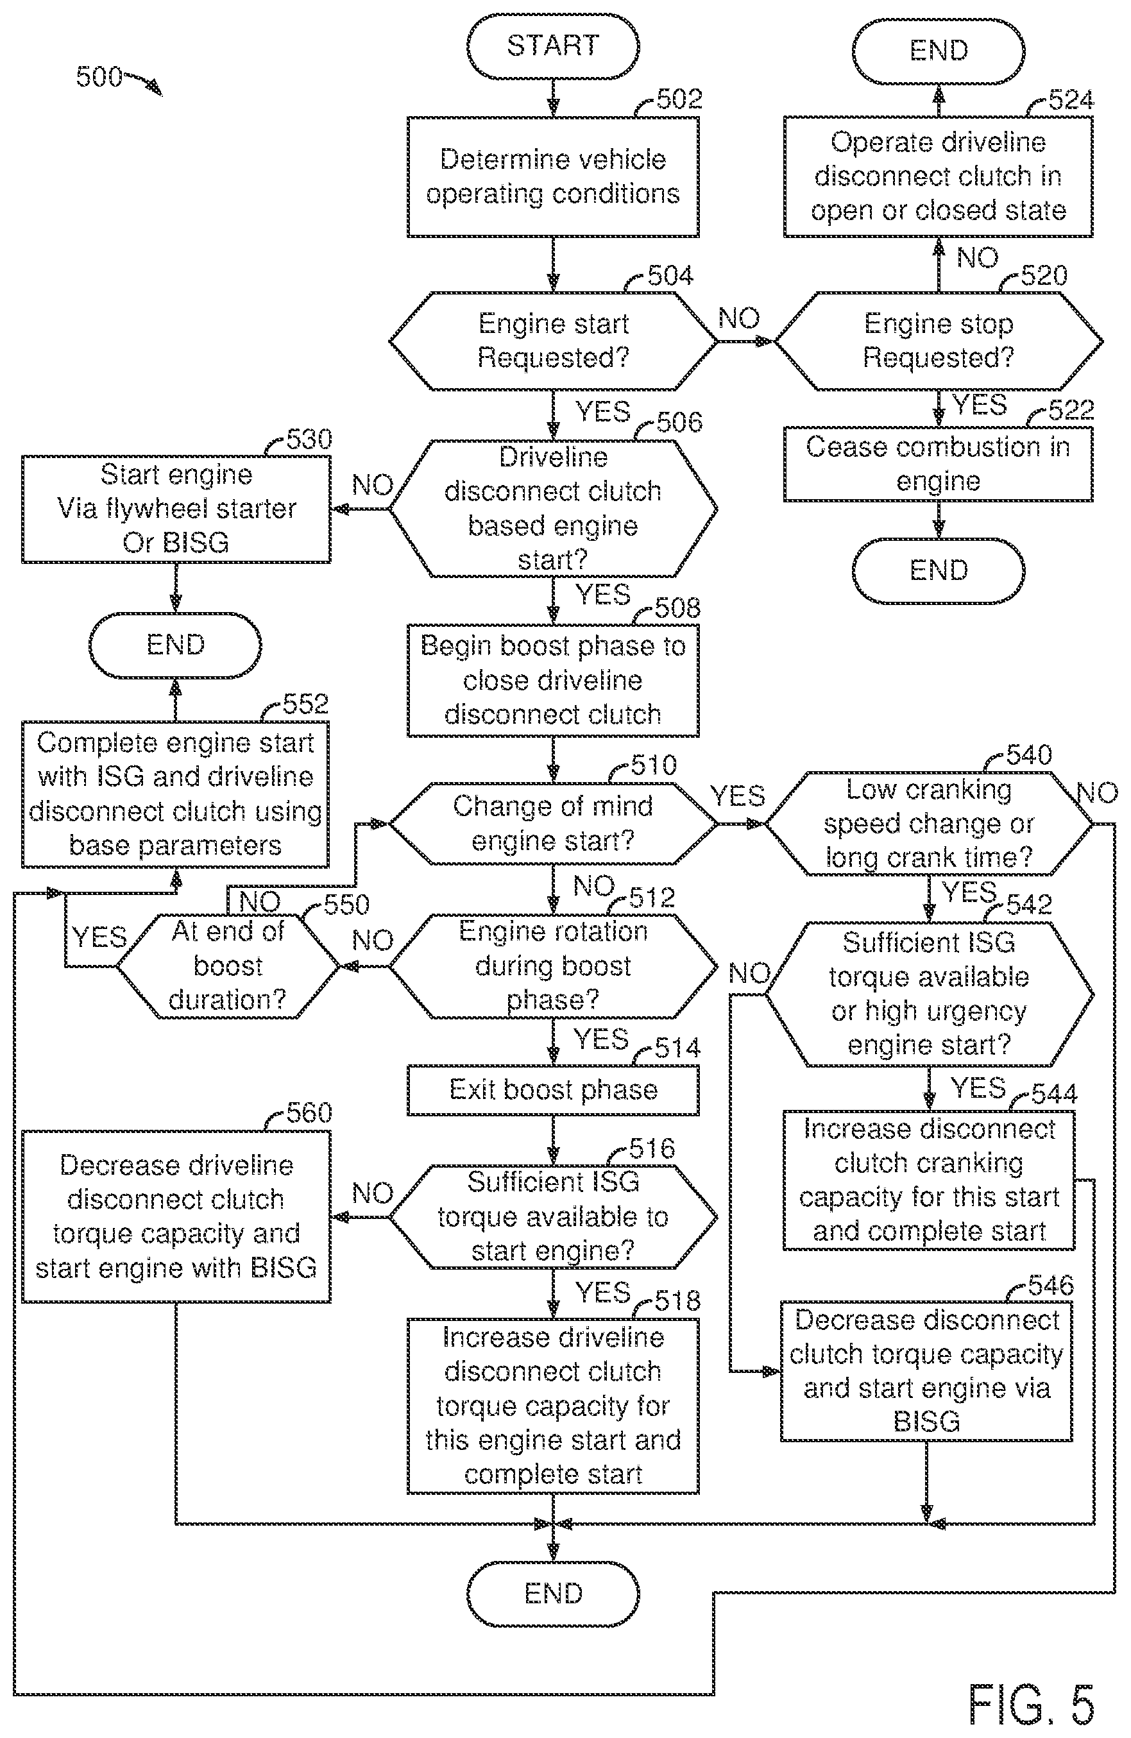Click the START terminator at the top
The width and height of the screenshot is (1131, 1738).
tap(553, 46)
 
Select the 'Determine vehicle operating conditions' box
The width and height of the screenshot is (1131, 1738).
tap(553, 176)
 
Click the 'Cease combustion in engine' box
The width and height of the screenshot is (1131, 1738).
tap(939, 464)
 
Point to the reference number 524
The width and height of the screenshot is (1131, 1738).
tap(1071, 100)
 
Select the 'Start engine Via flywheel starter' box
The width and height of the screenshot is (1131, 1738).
tap(176, 509)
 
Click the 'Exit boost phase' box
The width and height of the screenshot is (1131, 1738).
tap(553, 1090)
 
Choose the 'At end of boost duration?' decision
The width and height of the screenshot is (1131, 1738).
tap(228, 966)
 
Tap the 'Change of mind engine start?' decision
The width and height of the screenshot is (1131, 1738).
tap(553, 824)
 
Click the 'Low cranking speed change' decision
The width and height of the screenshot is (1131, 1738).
tap(929, 824)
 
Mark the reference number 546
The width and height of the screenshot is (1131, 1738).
tap(1051, 1285)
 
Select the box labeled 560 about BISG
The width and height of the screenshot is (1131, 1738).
tap(176, 1216)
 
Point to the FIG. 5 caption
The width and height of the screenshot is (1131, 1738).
tap(1031, 1704)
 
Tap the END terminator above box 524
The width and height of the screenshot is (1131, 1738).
tap(939, 51)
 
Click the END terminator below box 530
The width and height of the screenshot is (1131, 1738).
tap(175, 645)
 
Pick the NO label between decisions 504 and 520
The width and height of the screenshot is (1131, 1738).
tap(739, 318)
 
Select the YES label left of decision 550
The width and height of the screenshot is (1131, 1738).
tap(99, 937)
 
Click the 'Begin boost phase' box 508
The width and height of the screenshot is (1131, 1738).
tap(553, 680)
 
